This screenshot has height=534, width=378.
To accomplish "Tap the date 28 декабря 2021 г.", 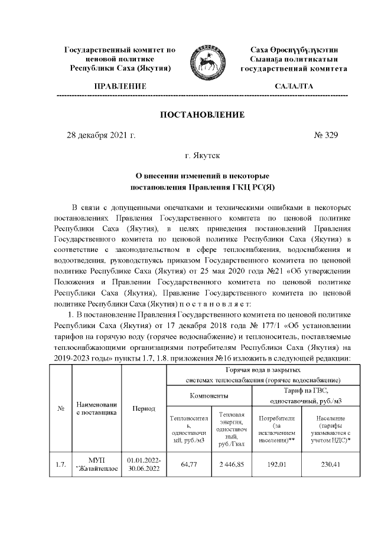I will coord(100,136).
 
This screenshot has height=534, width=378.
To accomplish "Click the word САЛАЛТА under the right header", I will coord(294,87).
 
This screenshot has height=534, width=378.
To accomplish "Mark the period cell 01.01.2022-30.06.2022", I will coord(144,465).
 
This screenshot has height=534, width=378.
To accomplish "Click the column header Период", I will coord(144,408).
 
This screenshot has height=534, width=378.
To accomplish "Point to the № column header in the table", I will coord(60,408).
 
